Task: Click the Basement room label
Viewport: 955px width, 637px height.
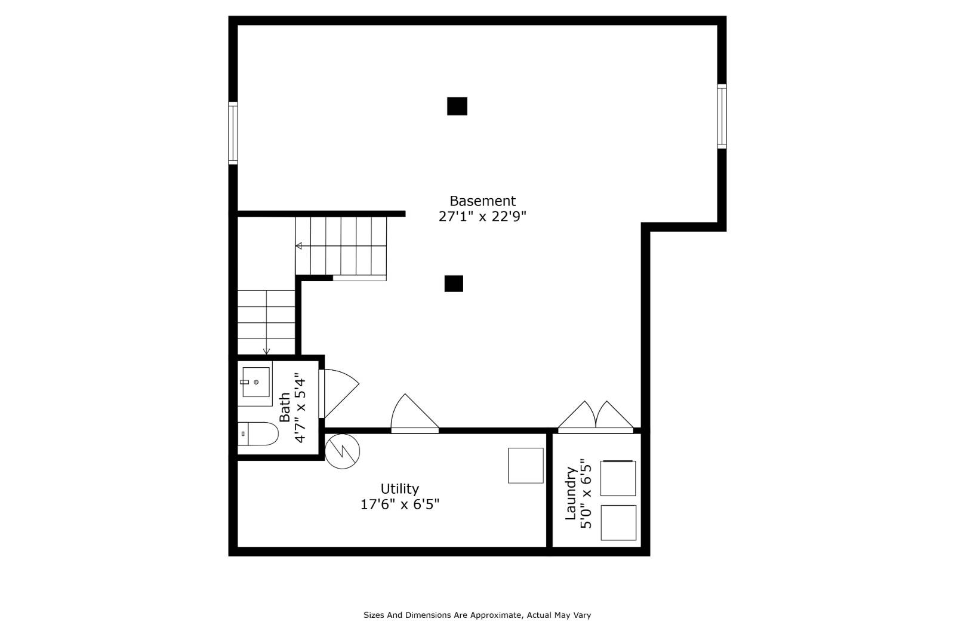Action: coord(482,201)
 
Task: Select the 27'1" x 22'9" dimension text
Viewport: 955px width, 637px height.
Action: coord(482,217)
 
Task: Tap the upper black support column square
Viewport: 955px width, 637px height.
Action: coord(457,106)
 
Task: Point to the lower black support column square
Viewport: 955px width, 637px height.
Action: coord(454,284)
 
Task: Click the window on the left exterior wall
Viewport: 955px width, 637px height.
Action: coord(233,133)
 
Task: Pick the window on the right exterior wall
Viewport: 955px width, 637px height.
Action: coord(722,116)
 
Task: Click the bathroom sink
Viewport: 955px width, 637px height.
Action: coord(255,383)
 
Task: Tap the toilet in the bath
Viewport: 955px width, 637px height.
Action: coord(258,434)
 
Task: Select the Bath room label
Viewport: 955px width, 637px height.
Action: coord(285,407)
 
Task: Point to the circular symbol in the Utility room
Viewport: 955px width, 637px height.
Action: coord(343,451)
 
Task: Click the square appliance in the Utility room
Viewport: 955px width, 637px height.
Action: coord(526,466)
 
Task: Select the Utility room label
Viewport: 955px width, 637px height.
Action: coord(400,489)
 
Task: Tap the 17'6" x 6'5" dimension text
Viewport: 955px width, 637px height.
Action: coord(400,504)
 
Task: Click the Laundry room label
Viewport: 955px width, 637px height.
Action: coord(571,494)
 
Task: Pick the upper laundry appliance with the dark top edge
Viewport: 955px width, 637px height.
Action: coord(618,478)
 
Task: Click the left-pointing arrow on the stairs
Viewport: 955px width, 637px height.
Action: coord(299,246)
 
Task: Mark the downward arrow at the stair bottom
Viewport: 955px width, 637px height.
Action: coord(266,351)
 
